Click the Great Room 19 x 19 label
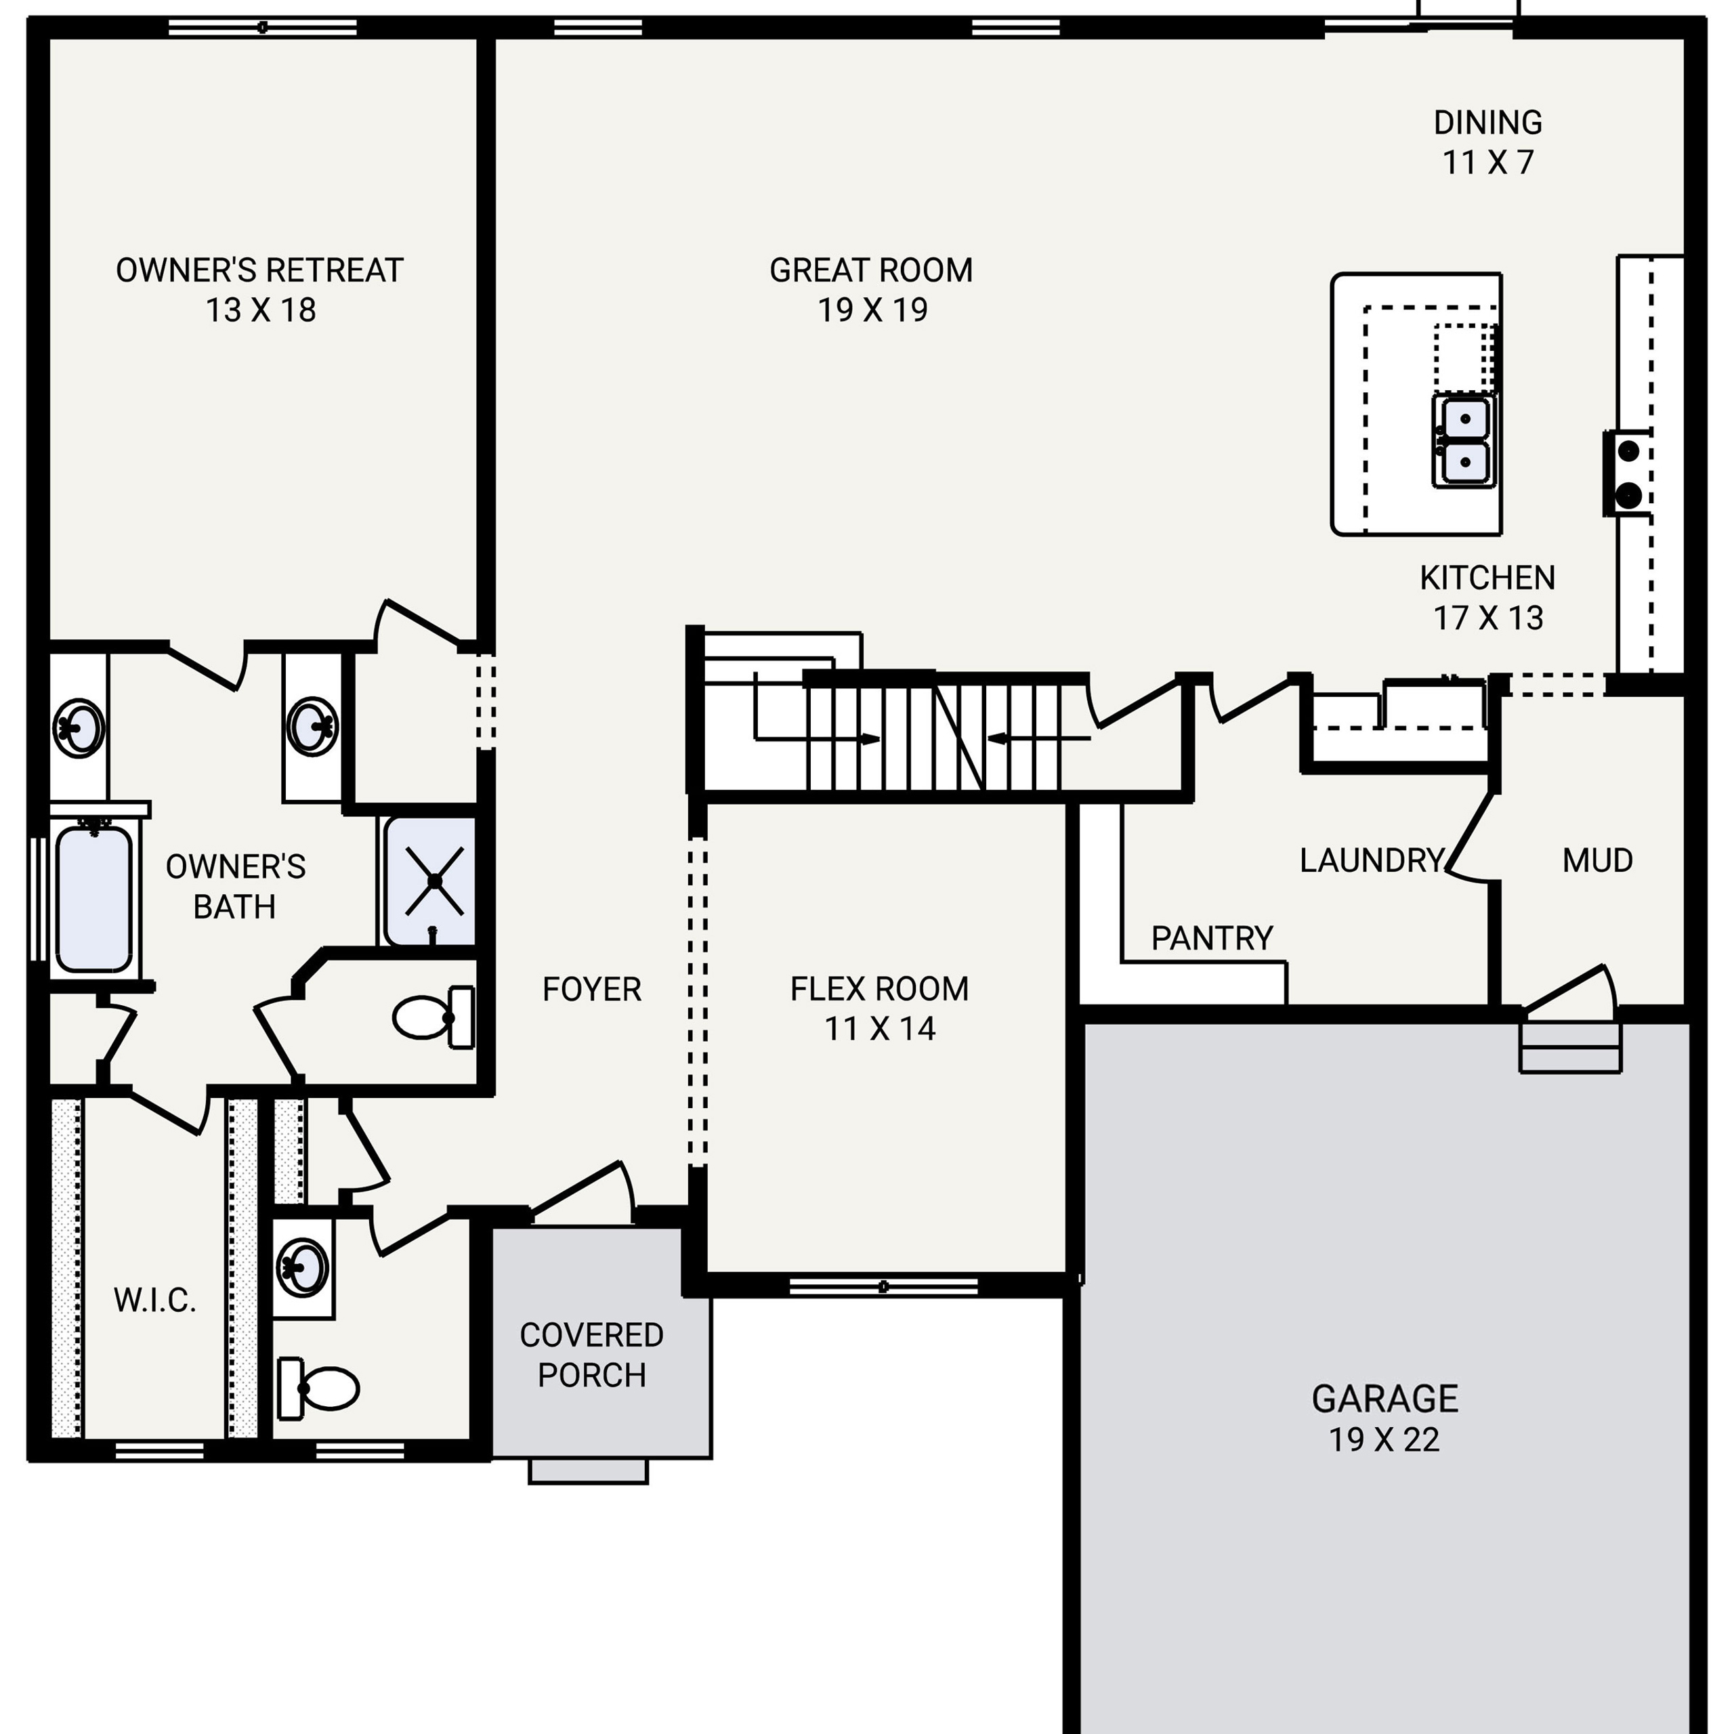click(870, 290)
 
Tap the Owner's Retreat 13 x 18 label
click(259, 290)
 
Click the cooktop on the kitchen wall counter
click(1628, 473)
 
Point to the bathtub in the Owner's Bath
click(93, 898)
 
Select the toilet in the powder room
click(318, 1388)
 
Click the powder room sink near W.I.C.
click(303, 1267)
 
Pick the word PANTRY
click(1212, 938)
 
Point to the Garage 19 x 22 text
click(1384, 1418)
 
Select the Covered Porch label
click(591, 1355)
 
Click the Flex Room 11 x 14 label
click(880, 1008)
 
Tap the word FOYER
click(591, 989)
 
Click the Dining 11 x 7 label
click(1487, 142)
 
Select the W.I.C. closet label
click(154, 1300)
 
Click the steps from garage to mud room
click(1570, 1046)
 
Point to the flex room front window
click(883, 1286)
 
